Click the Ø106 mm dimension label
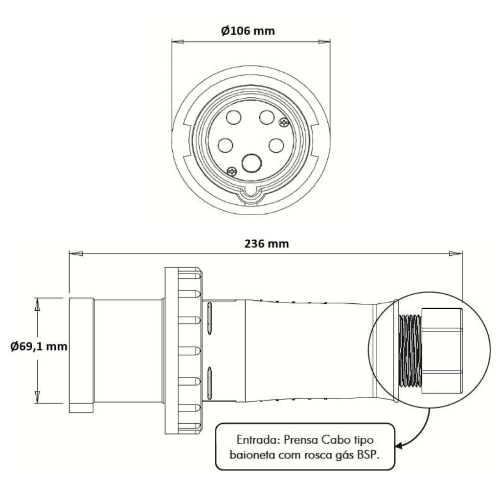point(248,31)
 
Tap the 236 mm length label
point(267,244)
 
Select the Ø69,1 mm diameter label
point(39,346)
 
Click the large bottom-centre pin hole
point(252,163)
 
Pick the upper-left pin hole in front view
point(233,117)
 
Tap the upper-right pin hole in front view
point(267,117)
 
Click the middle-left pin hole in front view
point(225,145)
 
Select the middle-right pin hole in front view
point(276,145)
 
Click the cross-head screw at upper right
point(284,122)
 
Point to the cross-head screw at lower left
point(231,172)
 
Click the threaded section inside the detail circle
point(410,351)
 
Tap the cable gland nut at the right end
point(442,350)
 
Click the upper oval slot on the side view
point(209,319)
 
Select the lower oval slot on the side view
point(209,383)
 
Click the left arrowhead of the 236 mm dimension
point(76,254)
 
